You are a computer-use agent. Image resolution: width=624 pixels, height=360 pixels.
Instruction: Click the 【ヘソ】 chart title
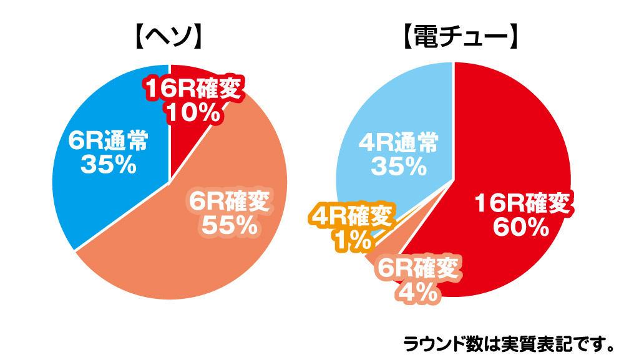coord(169,39)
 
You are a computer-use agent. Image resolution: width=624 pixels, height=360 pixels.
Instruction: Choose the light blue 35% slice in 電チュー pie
coord(399,106)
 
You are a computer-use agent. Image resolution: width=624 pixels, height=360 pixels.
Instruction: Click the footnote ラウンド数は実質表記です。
coord(509,343)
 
